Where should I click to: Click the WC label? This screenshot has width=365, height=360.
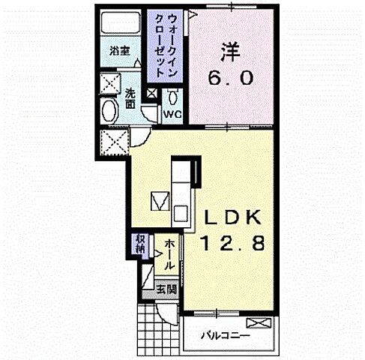172,114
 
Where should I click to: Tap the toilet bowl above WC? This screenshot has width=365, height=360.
173,97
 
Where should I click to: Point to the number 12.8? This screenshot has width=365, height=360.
232,243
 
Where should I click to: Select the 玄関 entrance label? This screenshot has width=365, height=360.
166,288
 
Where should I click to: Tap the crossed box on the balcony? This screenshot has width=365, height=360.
256,322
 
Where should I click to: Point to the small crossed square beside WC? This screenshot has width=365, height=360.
152,94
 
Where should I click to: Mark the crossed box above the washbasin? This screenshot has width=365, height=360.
110,83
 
